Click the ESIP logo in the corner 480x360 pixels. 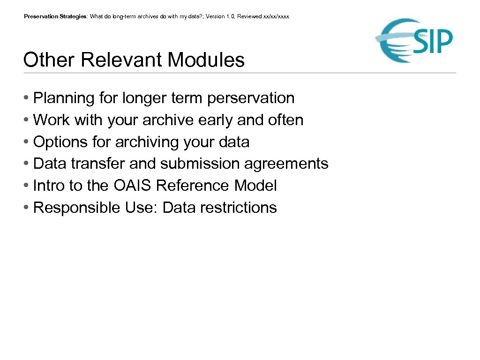point(414,40)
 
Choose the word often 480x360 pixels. point(285,120)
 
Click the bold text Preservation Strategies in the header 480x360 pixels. point(55,16)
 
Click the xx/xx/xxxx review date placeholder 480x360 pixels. point(277,16)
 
